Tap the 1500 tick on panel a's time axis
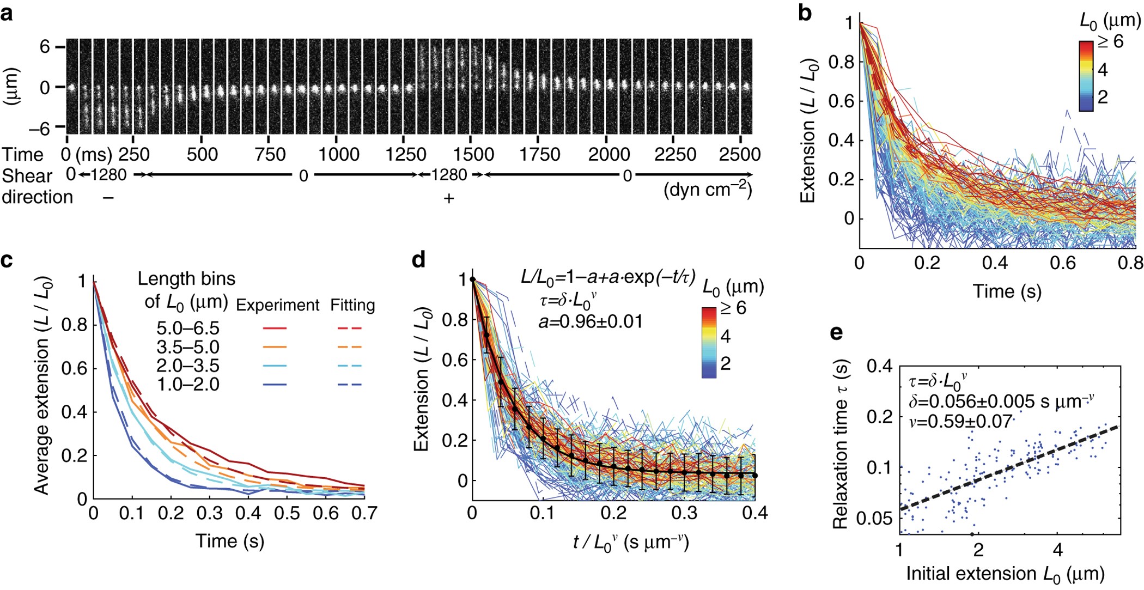(473, 154)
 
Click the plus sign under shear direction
(448, 198)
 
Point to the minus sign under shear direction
(108, 198)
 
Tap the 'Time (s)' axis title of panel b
(1007, 291)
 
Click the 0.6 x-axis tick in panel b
(1062, 263)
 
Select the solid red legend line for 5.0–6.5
(275, 329)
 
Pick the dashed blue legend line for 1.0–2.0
(349, 385)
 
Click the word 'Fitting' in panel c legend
(352, 305)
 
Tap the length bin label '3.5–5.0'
(188, 347)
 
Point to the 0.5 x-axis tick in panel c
(287, 513)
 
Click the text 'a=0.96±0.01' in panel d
(591, 321)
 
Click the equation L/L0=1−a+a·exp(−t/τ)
(607, 277)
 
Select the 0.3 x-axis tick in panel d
(684, 513)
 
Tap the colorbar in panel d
(709, 342)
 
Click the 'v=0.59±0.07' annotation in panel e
(960, 421)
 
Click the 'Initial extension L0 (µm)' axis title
(1005, 574)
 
